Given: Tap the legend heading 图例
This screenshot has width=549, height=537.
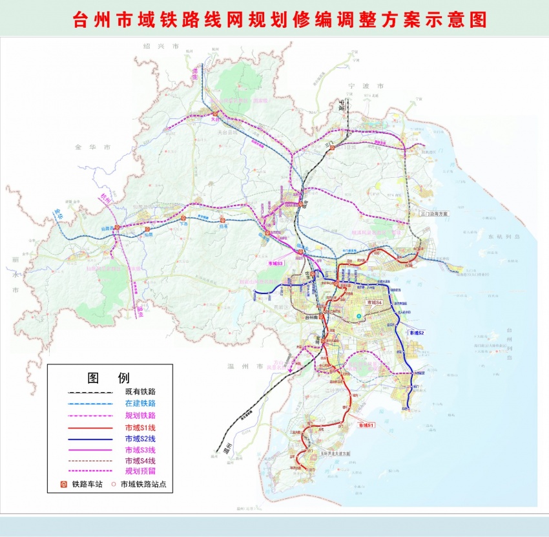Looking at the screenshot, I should point(109,378).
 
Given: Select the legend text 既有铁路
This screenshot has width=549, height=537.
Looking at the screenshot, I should point(140,392).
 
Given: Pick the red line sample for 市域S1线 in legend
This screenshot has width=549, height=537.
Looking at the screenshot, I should point(88,427).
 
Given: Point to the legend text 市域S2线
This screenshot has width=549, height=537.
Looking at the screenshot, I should point(140,439).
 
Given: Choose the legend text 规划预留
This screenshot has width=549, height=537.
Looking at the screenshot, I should point(140,472).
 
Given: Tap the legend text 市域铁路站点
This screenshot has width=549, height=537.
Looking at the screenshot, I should point(147,483).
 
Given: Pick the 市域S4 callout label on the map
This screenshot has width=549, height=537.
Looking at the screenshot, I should point(375,302).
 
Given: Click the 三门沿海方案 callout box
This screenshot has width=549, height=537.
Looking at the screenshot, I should point(433,213).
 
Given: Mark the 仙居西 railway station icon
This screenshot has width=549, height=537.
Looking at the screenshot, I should point(118,228).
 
